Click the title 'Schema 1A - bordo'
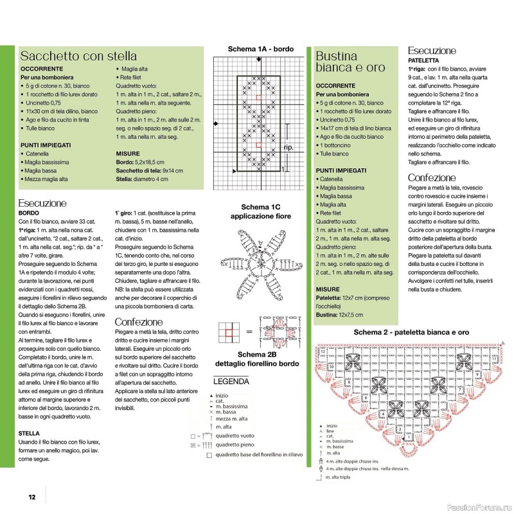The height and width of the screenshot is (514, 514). click(x=260, y=49)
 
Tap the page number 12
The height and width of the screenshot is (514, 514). click(x=31, y=496)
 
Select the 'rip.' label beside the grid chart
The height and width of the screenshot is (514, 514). click(x=289, y=148)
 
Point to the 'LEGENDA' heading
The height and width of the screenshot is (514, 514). click(x=231, y=382)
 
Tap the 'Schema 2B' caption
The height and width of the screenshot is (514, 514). click(x=255, y=355)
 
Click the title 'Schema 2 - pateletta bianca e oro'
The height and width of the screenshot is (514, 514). click(x=411, y=332)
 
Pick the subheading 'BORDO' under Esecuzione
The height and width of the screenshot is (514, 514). click(x=29, y=213)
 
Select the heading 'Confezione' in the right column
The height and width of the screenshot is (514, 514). click(x=432, y=178)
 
